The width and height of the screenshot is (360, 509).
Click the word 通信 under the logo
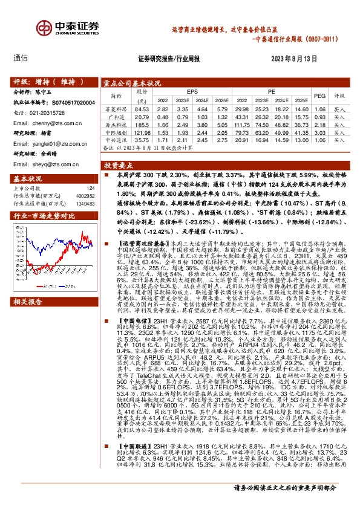tap(21, 59)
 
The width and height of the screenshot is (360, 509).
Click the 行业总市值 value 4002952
tap(83, 195)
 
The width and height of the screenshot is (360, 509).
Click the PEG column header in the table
tap(320, 96)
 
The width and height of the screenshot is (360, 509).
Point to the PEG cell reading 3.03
tap(320, 132)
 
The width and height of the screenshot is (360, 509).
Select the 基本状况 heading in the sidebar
tap(26, 178)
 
